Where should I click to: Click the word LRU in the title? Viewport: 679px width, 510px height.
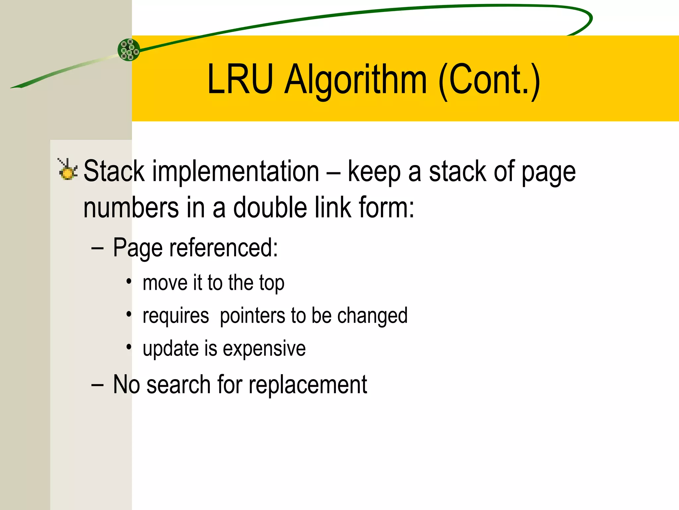[240, 80]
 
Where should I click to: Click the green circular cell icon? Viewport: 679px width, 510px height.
[129, 50]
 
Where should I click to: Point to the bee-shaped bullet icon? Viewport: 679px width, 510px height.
[68, 170]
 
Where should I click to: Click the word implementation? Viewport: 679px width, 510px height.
[235, 172]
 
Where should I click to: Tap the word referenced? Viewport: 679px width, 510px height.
[223, 248]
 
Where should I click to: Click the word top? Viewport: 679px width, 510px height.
[272, 283]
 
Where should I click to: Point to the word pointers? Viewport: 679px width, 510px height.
[252, 316]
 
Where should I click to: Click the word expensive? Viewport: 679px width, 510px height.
[264, 349]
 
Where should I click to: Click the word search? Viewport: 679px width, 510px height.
[178, 385]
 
